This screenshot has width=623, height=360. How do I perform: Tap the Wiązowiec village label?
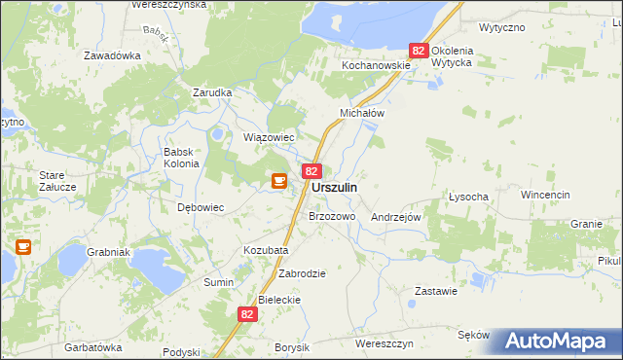point(269,137)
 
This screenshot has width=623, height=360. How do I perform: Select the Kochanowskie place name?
point(375,65)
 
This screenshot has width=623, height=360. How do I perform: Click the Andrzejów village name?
point(395,218)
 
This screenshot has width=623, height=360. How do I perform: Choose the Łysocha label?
point(468,196)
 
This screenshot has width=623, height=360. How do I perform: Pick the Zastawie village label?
point(436,291)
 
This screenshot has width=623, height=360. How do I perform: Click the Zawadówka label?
point(112,55)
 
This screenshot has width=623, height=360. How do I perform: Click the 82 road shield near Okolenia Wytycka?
point(419,50)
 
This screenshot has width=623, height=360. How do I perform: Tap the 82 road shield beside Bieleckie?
point(247,314)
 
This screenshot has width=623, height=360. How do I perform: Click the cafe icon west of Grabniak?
point(23,247)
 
